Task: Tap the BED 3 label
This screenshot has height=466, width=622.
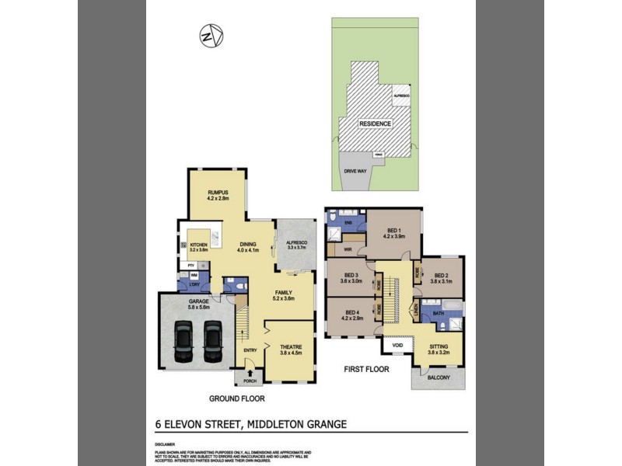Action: click(x=351, y=279)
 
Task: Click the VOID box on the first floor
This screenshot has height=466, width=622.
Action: click(x=397, y=346)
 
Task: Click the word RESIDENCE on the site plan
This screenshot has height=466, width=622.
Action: click(x=375, y=123)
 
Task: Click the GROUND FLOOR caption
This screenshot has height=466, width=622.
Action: click(x=237, y=398)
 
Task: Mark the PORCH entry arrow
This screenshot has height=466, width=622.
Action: click(x=250, y=373)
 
